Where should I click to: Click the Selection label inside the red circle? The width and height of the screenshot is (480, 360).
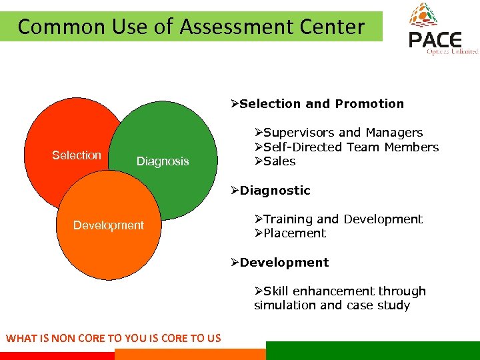coord(77,155)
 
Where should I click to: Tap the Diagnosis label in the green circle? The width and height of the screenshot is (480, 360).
coord(163,161)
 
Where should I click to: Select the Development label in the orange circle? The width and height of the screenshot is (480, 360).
coord(108,225)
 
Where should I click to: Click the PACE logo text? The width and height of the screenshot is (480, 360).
coord(434,41)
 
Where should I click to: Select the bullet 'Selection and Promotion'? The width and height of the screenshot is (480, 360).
coord(321,104)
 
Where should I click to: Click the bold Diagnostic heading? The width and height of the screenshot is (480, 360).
coord(275,191)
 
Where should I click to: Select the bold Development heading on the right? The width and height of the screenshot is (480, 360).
coord(284,263)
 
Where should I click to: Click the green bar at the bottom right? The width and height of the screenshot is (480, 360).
coord(373,351)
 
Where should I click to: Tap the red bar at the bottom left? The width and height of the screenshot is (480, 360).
coord(57,356)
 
